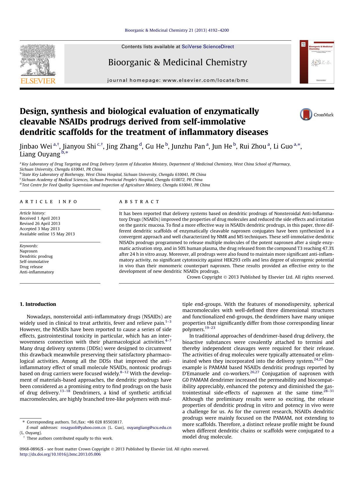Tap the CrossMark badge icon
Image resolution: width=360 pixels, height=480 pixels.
click(x=306, y=114)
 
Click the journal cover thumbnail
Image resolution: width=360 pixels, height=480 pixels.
click(x=317, y=62)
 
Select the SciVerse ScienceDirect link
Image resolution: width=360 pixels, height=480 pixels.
click(x=208, y=46)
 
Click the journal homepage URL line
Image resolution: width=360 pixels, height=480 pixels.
click(x=178, y=80)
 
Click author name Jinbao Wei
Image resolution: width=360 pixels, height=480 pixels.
click(x=36, y=146)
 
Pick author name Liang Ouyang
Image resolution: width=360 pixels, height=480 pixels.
click(x=40, y=154)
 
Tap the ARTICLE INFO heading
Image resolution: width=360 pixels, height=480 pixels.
click(x=48, y=201)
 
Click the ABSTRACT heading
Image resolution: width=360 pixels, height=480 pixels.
click(x=139, y=201)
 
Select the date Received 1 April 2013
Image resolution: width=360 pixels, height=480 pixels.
click(x=40, y=218)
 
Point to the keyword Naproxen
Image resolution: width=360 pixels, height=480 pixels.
click(x=28, y=251)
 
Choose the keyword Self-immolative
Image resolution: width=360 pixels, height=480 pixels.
click(x=34, y=261)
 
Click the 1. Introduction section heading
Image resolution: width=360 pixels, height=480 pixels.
click(x=38, y=304)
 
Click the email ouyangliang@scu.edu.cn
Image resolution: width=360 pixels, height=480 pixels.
click(x=149, y=427)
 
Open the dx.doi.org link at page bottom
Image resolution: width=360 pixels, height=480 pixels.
click(x=60, y=454)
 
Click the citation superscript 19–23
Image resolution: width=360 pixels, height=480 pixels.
click(x=210, y=328)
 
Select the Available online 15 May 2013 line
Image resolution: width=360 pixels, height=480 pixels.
click(x=47, y=234)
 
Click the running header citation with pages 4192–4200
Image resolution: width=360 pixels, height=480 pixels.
click(x=177, y=30)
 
